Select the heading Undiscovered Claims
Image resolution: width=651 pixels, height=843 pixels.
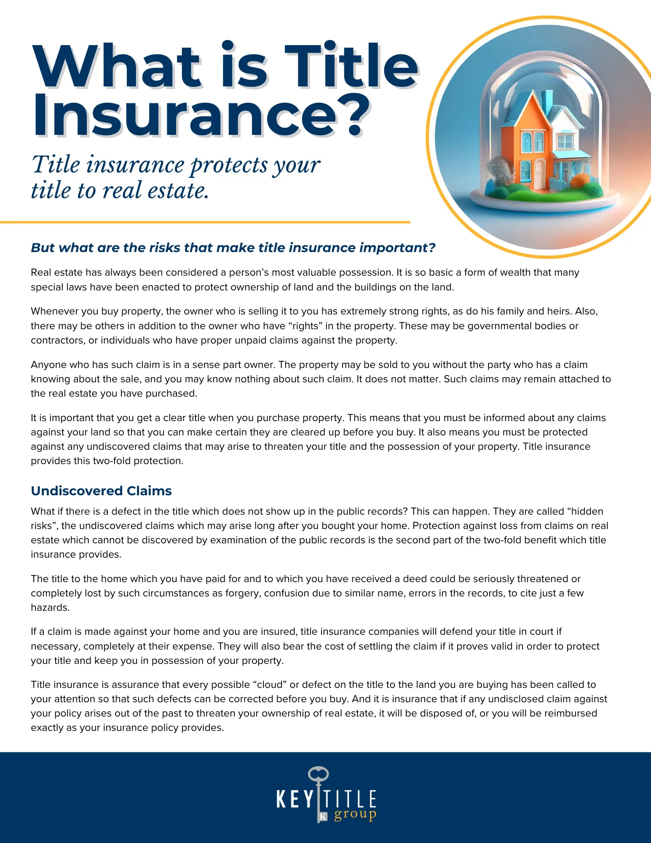click(x=101, y=491)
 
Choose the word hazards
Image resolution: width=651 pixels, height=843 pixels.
click(x=49, y=607)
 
